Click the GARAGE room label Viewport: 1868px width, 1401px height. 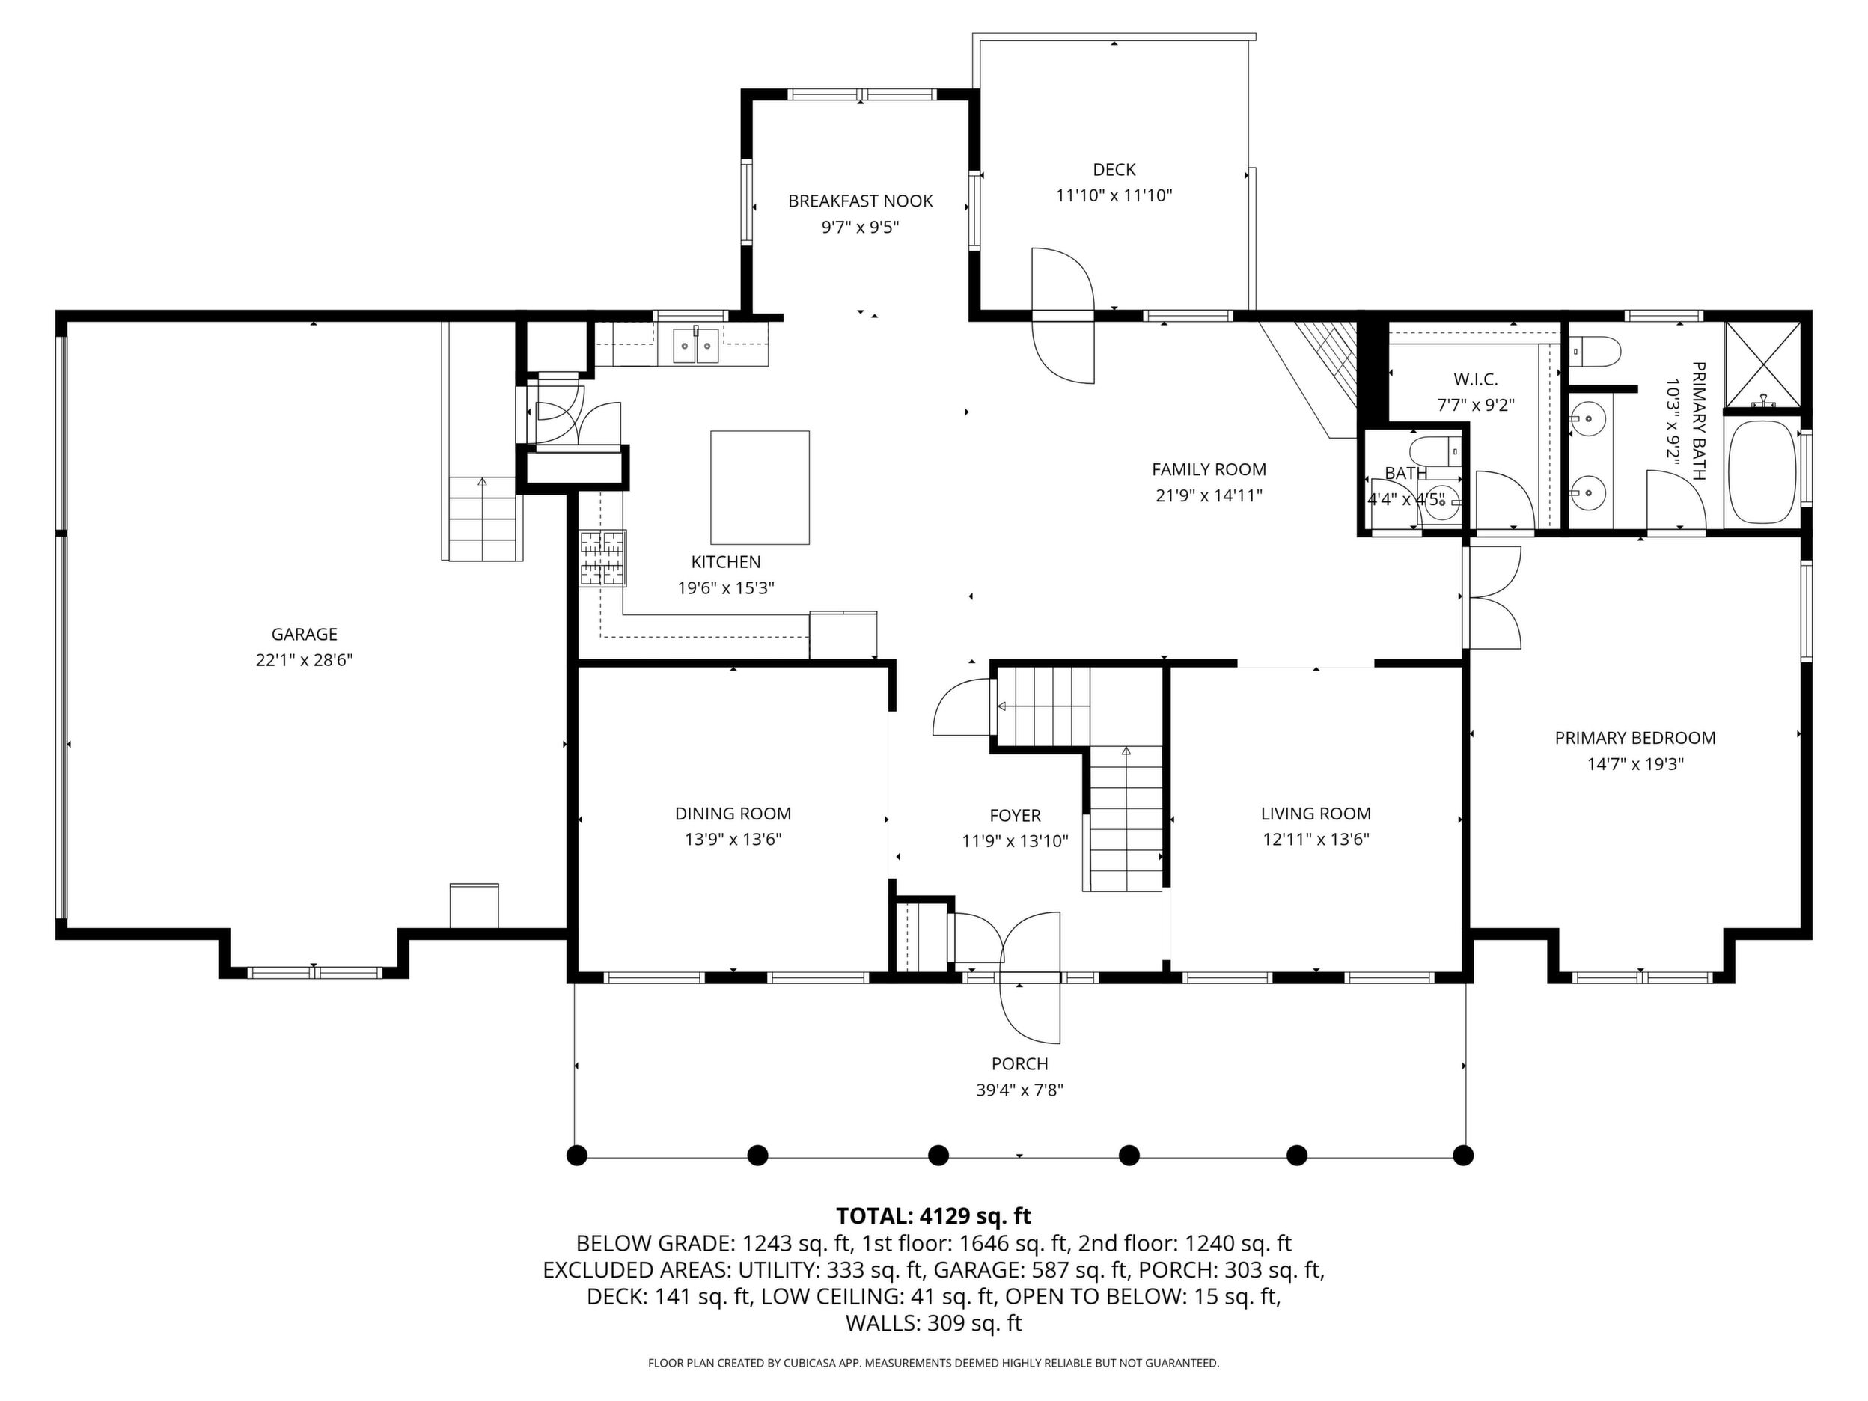[x=304, y=634]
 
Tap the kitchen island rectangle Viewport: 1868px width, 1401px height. [x=760, y=487]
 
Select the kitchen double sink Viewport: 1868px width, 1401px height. [x=696, y=346]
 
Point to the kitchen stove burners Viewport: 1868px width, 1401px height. [x=603, y=558]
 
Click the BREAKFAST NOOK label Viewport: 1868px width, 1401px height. [x=861, y=201]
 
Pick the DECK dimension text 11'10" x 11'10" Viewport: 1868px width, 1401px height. [x=1114, y=196]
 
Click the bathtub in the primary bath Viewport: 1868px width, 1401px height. [x=1762, y=471]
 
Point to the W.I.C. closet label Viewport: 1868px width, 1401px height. [x=1476, y=379]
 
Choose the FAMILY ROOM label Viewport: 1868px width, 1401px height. [x=1209, y=469]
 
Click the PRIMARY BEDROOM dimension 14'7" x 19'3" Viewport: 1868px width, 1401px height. [x=1636, y=764]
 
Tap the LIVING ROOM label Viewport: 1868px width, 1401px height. [x=1316, y=814]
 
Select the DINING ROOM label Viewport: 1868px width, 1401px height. [x=733, y=814]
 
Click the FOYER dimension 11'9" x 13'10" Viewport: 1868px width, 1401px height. [x=1015, y=841]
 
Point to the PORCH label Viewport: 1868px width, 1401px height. [x=1020, y=1064]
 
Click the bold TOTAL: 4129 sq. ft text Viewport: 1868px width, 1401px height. [x=934, y=1216]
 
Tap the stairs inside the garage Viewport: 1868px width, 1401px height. [x=481, y=518]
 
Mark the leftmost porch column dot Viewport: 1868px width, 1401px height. [x=577, y=1156]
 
